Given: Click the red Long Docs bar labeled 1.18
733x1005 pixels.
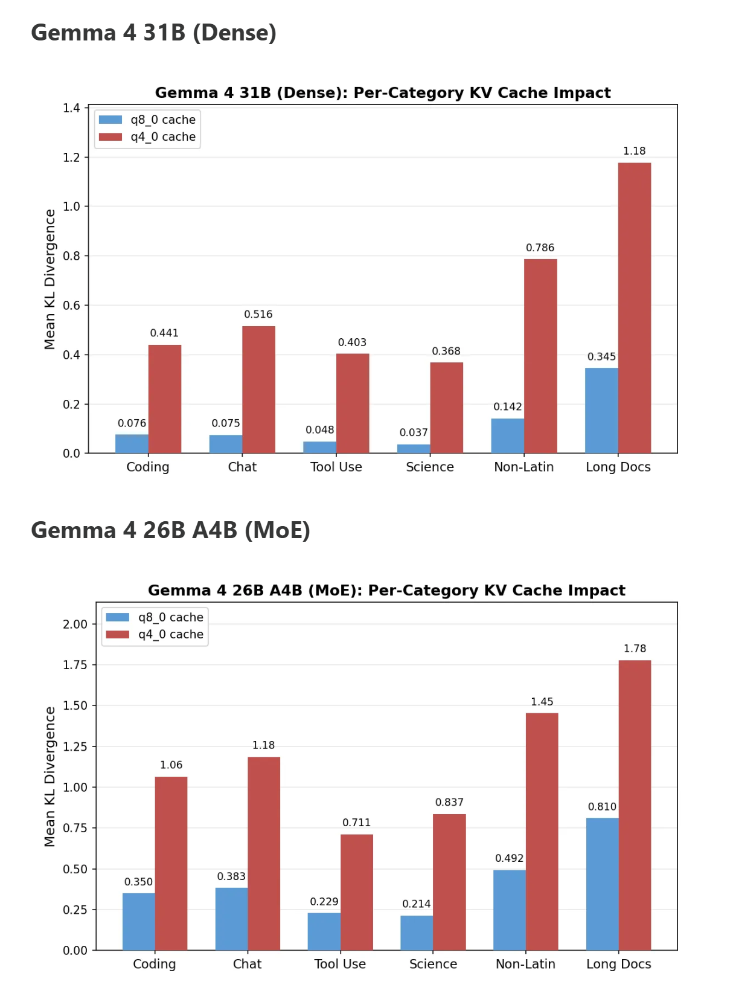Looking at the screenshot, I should point(634,308).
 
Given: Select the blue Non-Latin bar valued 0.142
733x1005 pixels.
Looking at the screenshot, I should point(507,435).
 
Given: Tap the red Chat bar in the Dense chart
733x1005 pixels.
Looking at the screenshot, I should point(258,390).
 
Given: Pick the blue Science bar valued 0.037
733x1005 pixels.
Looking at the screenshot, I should point(414,449).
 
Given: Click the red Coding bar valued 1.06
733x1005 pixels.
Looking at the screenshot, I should point(171,863).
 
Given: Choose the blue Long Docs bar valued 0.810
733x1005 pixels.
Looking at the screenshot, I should point(602,884).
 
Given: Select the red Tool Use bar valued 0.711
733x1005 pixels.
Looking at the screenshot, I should point(356,892).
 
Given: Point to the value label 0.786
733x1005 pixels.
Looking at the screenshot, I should point(540,248).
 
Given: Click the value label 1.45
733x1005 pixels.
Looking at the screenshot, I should point(542,702).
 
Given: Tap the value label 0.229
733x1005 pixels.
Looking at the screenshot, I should point(324,902).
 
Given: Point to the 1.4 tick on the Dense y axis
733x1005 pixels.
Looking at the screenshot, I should point(71,108).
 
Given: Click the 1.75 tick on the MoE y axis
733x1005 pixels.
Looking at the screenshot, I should point(75,665).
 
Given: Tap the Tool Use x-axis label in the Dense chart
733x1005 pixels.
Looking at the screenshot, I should point(336,467).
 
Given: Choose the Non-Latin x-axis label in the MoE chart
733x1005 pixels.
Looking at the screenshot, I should point(525,964).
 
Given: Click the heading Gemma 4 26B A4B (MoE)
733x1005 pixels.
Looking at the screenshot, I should point(170,530).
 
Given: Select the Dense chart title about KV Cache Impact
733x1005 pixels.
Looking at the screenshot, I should point(383,93).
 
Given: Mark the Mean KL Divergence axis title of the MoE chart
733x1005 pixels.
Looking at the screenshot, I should point(50,777).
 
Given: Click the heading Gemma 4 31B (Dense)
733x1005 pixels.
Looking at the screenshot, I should point(153,33).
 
